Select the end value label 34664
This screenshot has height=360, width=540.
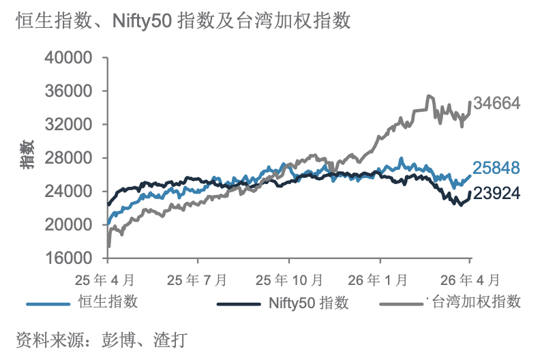[x=498, y=104]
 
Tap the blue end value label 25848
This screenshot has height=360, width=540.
[x=498, y=168]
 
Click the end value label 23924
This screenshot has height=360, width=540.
[x=498, y=194]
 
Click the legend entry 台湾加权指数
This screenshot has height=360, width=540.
[x=477, y=301]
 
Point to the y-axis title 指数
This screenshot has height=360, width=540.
[x=27, y=156]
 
